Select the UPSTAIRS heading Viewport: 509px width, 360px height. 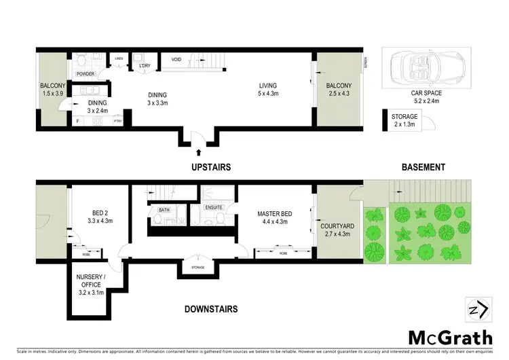212,166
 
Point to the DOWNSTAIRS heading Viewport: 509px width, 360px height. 211,309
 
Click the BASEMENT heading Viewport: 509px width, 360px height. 422,166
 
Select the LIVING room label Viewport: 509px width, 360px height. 267,86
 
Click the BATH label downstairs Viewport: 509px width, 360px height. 164,210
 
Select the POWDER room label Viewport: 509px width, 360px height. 85,73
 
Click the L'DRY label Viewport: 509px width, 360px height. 144,56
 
